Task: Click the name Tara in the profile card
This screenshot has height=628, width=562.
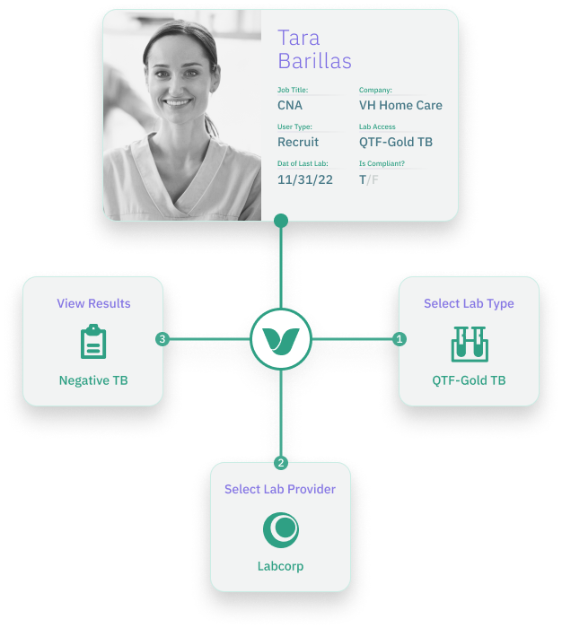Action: click(299, 38)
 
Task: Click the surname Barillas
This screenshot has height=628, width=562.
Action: click(314, 61)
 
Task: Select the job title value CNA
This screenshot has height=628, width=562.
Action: click(290, 105)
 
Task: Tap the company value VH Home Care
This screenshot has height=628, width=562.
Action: click(400, 105)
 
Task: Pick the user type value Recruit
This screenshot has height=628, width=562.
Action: click(298, 142)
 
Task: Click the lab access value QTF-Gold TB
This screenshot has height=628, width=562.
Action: click(396, 142)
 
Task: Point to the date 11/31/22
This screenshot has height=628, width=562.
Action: click(305, 179)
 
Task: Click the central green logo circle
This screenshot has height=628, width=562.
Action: click(281, 339)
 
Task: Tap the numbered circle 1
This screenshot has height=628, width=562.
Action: click(400, 339)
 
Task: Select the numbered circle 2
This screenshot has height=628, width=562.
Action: click(281, 463)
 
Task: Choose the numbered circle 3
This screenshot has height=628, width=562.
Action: click(162, 339)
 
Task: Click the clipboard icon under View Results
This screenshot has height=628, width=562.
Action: click(93, 342)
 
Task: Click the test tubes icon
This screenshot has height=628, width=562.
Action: click(469, 343)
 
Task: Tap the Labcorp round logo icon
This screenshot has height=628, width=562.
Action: click(281, 529)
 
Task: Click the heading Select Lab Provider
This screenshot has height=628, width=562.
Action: click(280, 489)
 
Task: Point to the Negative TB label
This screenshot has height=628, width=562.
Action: click(93, 380)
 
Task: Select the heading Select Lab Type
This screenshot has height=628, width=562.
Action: click(469, 303)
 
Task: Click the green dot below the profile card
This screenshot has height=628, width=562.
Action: click(281, 220)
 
